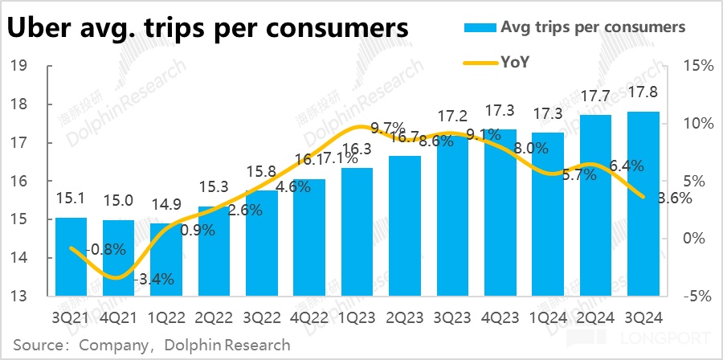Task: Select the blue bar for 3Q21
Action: click(x=70, y=256)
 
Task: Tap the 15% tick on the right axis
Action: click(x=696, y=66)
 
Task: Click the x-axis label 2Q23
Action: click(x=404, y=317)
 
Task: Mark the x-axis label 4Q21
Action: click(x=118, y=317)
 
